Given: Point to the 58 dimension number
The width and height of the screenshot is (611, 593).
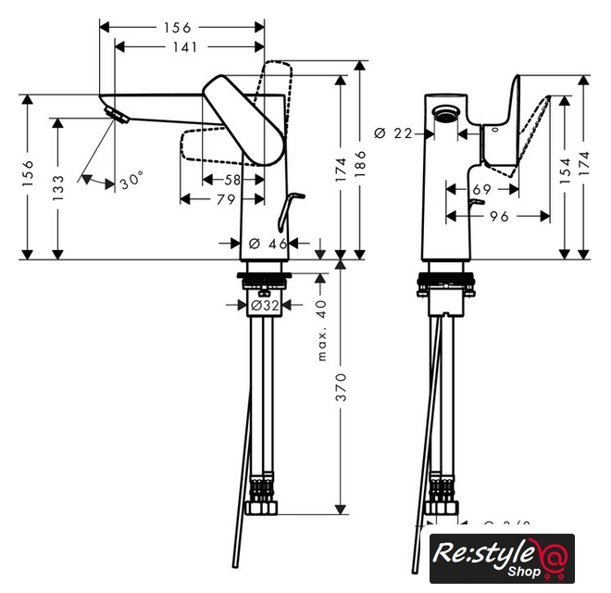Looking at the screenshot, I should [x=232, y=178].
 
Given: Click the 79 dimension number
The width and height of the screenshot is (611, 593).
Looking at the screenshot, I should [x=225, y=199].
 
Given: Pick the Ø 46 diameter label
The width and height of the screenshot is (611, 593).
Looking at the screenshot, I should [x=268, y=244].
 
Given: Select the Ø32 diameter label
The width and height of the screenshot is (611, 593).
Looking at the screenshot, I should [x=265, y=304].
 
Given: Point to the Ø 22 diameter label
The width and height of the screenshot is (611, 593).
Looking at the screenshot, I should [x=393, y=133].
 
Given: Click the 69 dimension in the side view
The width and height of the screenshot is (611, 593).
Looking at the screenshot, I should [x=481, y=190].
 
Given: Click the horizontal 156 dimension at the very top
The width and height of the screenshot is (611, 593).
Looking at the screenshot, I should [x=182, y=27].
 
